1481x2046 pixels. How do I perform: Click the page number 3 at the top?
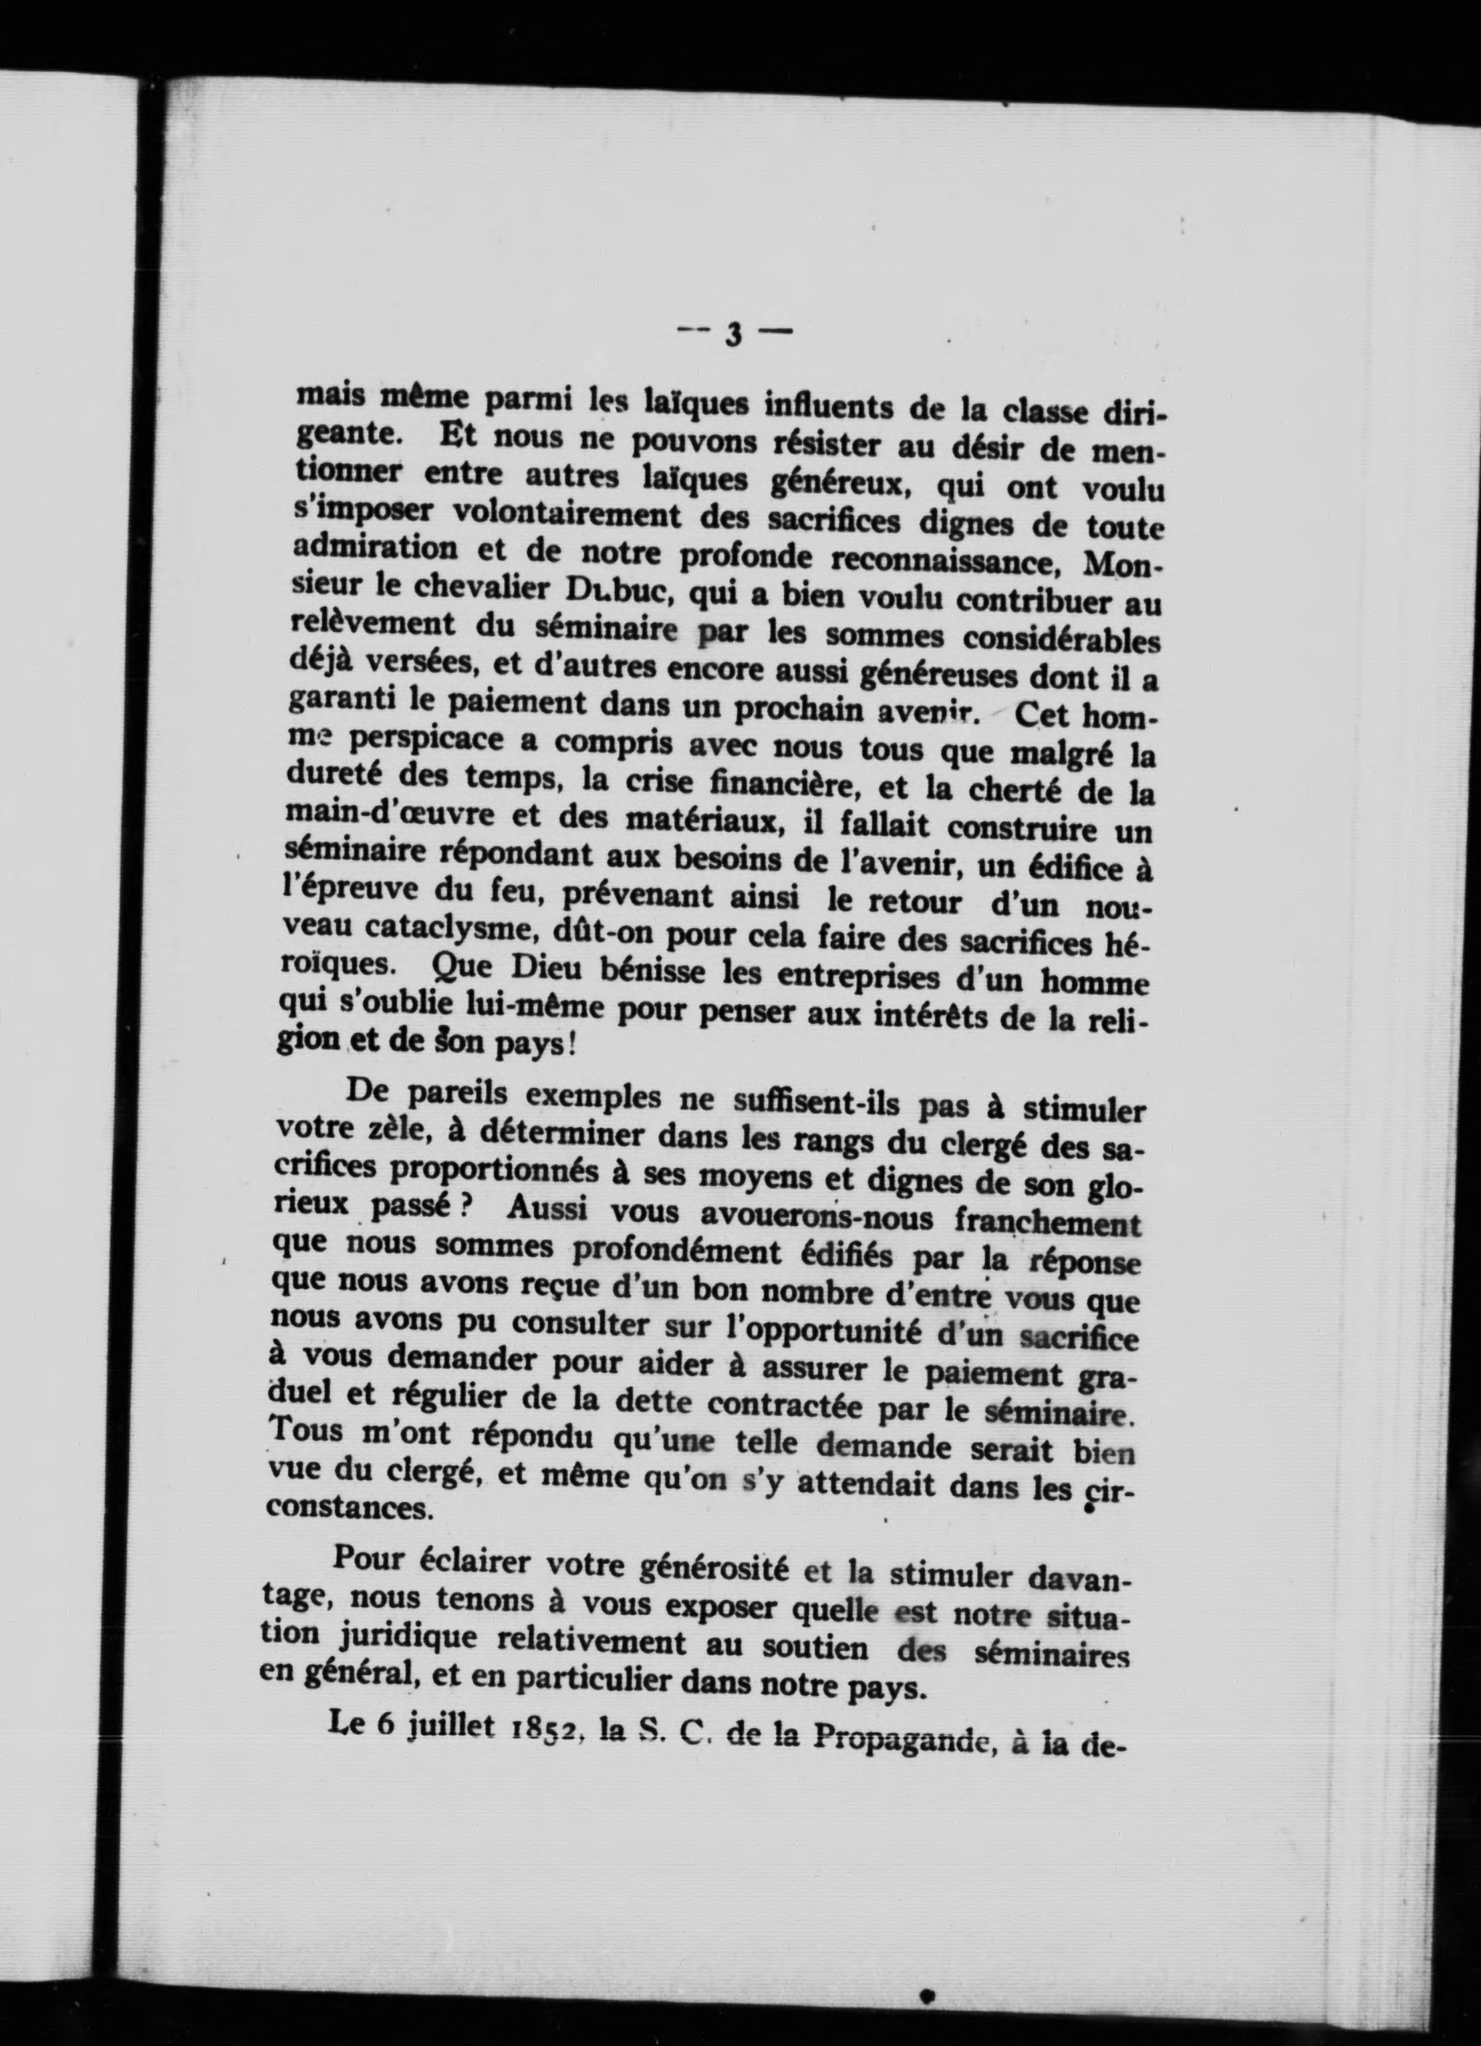coord(733,335)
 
